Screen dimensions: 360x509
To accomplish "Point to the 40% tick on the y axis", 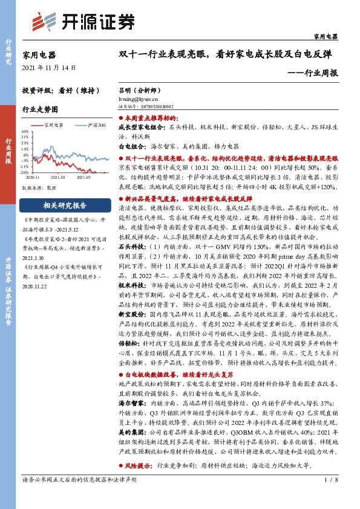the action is pos(25,131).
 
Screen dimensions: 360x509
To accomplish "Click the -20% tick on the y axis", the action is pos(25,172).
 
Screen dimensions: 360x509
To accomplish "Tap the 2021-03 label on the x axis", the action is pos(59,177).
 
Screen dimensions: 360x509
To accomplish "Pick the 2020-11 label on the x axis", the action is pos(34,177).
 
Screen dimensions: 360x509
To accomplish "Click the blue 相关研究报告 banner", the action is pos(64,204).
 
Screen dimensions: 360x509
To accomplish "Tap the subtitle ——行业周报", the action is pos(313,73).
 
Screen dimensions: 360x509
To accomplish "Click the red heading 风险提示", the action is pos(137,449).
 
